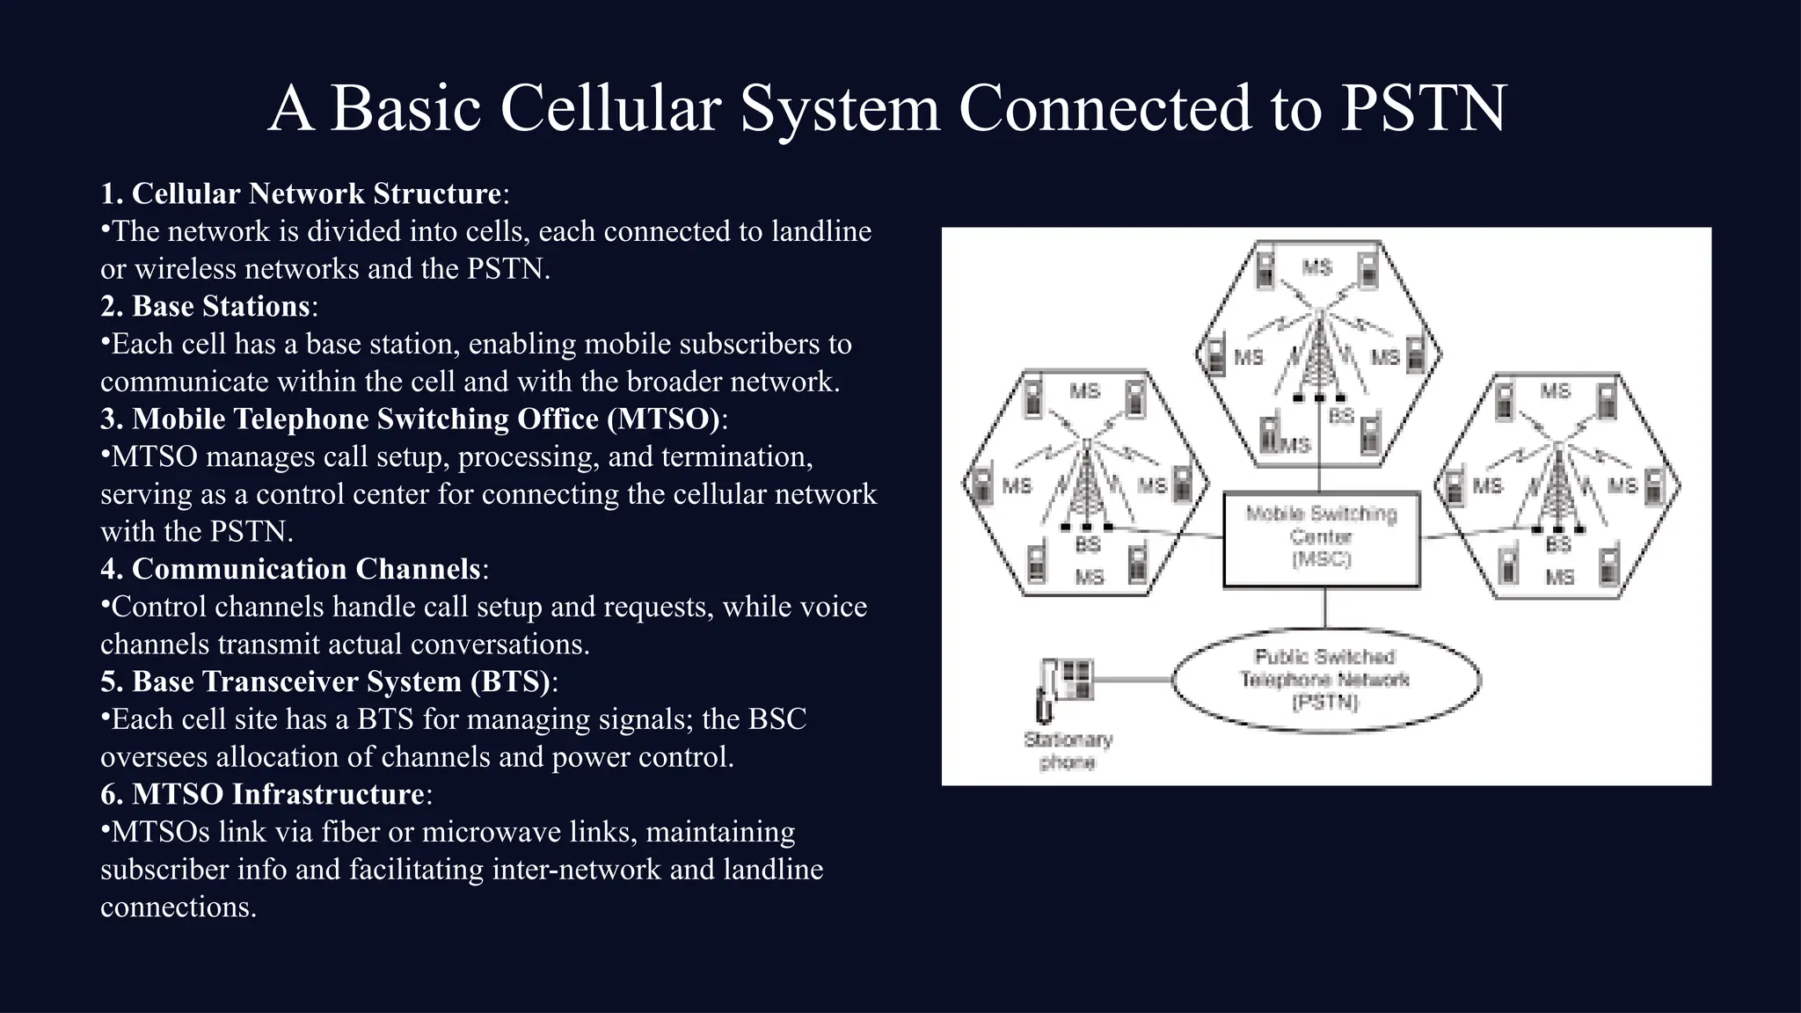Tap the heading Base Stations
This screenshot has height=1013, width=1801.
click(221, 306)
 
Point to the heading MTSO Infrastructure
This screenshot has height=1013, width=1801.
click(278, 794)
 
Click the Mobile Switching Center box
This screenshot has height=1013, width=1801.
click(1321, 538)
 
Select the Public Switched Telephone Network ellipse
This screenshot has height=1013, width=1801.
click(1325, 680)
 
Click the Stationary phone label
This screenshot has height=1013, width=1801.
click(1068, 750)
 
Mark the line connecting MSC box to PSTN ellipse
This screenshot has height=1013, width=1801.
click(1325, 608)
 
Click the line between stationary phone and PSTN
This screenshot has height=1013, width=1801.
click(1133, 680)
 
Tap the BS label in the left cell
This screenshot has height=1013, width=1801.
click(1088, 544)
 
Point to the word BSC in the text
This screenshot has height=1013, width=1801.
click(777, 719)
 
